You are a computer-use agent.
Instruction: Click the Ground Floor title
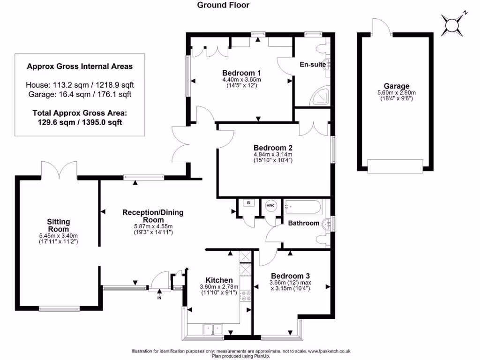(223, 5)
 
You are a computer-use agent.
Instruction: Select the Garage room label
(397, 86)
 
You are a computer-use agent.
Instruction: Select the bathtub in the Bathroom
(303, 207)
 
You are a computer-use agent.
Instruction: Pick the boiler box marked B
(248, 203)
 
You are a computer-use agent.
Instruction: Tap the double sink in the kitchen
(212, 329)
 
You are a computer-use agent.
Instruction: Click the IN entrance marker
(159, 298)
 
